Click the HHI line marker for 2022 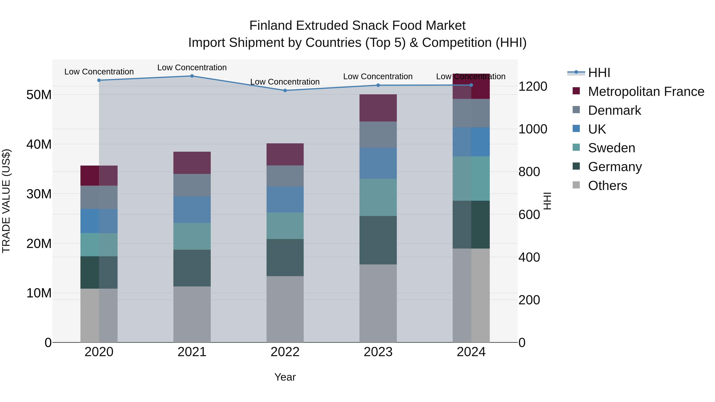pyautogui.click(x=285, y=91)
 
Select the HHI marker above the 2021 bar pyautogui.click(x=192, y=76)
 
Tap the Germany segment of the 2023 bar pyautogui.click(x=378, y=240)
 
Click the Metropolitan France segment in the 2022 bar pyautogui.click(x=285, y=154)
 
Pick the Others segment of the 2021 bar pyautogui.click(x=192, y=314)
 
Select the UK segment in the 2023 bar pyautogui.click(x=378, y=163)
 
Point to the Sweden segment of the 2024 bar pyautogui.click(x=471, y=178)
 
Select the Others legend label pyautogui.click(x=607, y=186)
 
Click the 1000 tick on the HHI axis pyautogui.click(x=533, y=129)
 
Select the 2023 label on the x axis pyautogui.click(x=378, y=352)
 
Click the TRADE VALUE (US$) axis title pyautogui.click(x=6, y=201)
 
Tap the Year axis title pyautogui.click(x=285, y=377)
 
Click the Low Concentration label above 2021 pyautogui.click(x=192, y=67)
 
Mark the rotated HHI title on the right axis pyautogui.click(x=547, y=201)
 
